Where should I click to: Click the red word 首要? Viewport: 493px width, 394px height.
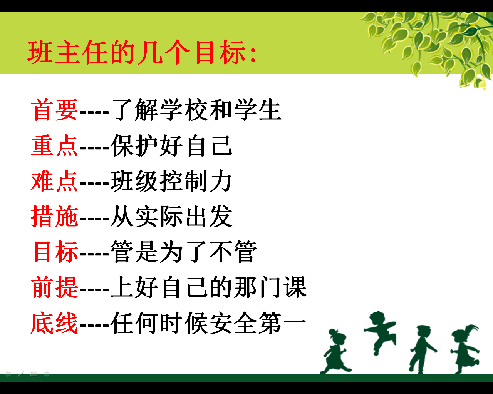click(x=55, y=110)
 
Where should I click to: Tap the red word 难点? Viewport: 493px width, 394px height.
click(x=55, y=181)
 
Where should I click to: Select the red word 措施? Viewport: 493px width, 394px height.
click(x=55, y=216)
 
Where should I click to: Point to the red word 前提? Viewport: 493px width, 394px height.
click(x=55, y=287)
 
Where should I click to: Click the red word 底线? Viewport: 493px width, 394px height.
click(x=55, y=323)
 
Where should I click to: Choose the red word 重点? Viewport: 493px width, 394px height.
click(x=55, y=145)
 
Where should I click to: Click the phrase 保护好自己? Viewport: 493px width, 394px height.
click(x=172, y=145)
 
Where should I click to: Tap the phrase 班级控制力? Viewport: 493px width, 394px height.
click(x=172, y=181)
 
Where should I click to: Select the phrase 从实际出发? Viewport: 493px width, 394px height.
click(x=172, y=216)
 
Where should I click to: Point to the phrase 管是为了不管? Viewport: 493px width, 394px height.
click(x=184, y=252)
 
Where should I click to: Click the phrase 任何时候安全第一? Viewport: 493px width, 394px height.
click(x=208, y=323)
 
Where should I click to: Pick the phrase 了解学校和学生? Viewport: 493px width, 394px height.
click(x=196, y=110)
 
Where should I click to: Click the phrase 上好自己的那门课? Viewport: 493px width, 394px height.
click(x=208, y=287)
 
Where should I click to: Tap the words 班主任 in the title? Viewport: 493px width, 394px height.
click(x=68, y=52)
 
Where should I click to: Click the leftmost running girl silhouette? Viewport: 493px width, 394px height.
click(x=335, y=351)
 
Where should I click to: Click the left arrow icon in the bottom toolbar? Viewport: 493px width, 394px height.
click(x=8, y=374)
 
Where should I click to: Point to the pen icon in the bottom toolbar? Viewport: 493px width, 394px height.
click(x=21, y=374)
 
